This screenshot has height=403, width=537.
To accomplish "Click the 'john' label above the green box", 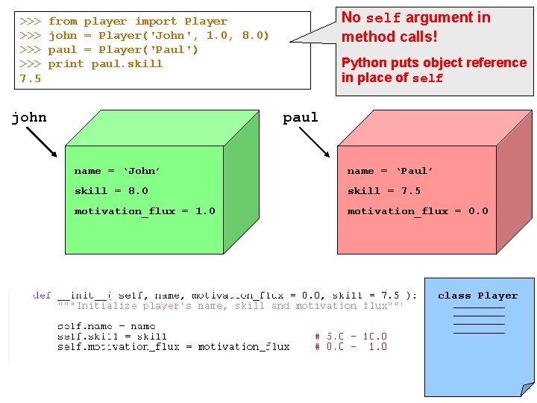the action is click(29, 117).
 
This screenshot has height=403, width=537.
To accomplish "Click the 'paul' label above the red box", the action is click(301, 117).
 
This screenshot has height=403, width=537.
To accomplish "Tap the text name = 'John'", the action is click(117, 171).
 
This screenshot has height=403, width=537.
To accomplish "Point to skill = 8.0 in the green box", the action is click(111, 191).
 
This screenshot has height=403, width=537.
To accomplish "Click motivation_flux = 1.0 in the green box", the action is click(145, 211).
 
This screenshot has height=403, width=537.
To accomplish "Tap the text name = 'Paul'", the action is click(390, 171).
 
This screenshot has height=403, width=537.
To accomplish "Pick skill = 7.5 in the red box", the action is click(384, 191).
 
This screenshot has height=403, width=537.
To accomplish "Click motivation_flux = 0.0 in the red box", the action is click(418, 211).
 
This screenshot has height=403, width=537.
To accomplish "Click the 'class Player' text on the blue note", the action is click(477, 296).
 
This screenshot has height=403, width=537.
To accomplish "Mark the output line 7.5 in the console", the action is click(31, 78).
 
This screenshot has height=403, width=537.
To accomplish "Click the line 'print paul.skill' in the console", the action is click(105, 64).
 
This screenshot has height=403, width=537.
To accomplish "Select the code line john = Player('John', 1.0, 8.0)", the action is click(158, 36).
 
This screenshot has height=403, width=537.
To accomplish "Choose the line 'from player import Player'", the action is click(137, 22).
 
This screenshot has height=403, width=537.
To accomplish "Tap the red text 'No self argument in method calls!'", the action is click(415, 26).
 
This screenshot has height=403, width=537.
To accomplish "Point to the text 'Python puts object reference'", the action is click(433, 63).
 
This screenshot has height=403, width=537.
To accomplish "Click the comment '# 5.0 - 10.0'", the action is click(351, 337).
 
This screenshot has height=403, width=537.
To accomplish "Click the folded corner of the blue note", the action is click(527, 389).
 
